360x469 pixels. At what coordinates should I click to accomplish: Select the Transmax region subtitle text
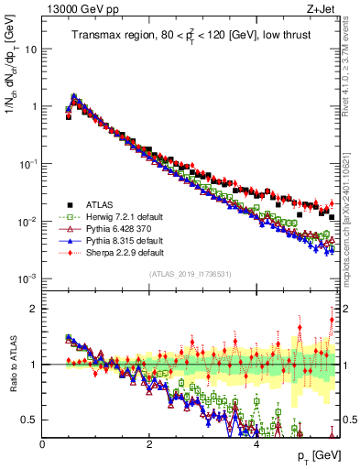tap(191, 36)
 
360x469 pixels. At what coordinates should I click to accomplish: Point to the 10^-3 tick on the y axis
tap(27, 278)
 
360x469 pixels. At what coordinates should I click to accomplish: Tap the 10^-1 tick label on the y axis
tap(27, 163)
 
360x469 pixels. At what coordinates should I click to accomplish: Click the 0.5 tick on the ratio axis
tap(30, 420)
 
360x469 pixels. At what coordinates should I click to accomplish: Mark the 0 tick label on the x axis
tap(43, 444)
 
